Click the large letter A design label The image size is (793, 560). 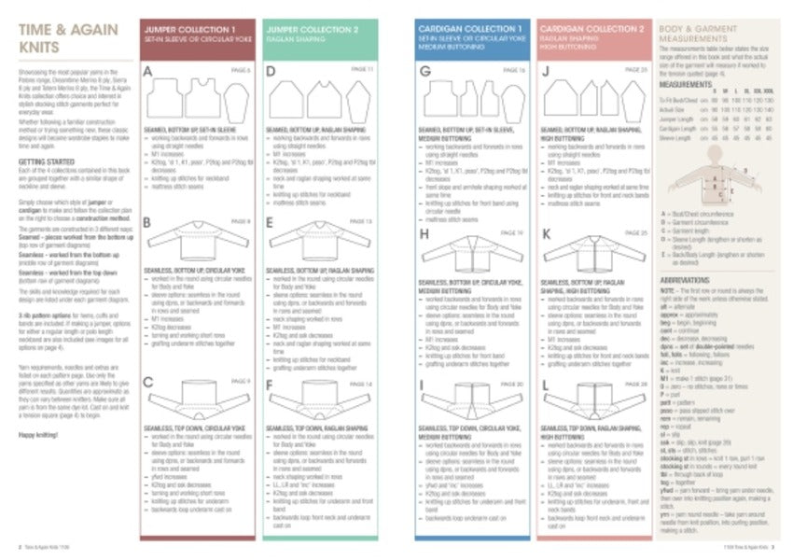point(147,72)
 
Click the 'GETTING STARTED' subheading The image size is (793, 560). point(46,161)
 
